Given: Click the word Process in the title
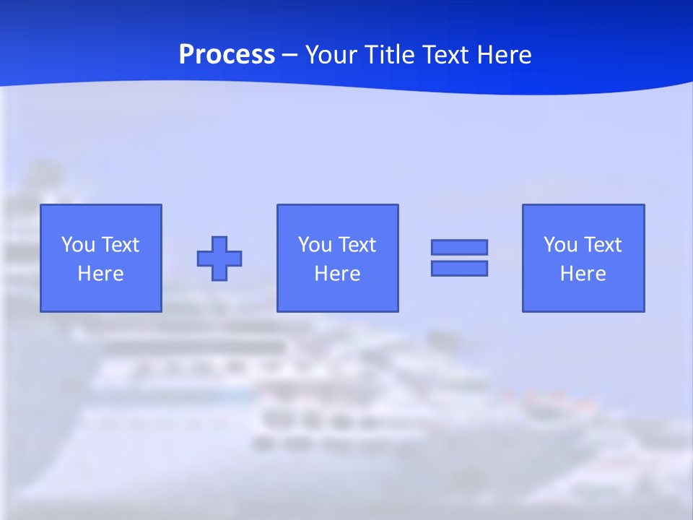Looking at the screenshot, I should click(227, 55).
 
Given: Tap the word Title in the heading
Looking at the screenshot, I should click(392, 55).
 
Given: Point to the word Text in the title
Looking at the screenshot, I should click(451, 55).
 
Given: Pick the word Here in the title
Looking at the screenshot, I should click(507, 55).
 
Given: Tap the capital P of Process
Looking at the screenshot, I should click(187, 55).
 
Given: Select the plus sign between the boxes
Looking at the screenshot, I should click(219, 258).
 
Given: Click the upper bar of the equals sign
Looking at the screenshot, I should click(459, 247).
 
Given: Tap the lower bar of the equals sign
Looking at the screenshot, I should click(459, 268).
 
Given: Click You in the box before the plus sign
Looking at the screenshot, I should click(79, 245).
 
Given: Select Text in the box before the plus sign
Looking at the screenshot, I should click(119, 245).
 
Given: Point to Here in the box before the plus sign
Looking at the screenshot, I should click(100, 274).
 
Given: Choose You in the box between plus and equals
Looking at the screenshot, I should click(315, 245).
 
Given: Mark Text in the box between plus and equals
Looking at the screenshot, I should click(356, 245).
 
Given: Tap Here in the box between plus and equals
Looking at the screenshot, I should click(337, 274).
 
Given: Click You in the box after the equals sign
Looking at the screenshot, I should click(561, 245).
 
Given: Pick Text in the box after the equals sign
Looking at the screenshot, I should click(601, 245).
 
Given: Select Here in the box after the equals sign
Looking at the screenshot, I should click(583, 274).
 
